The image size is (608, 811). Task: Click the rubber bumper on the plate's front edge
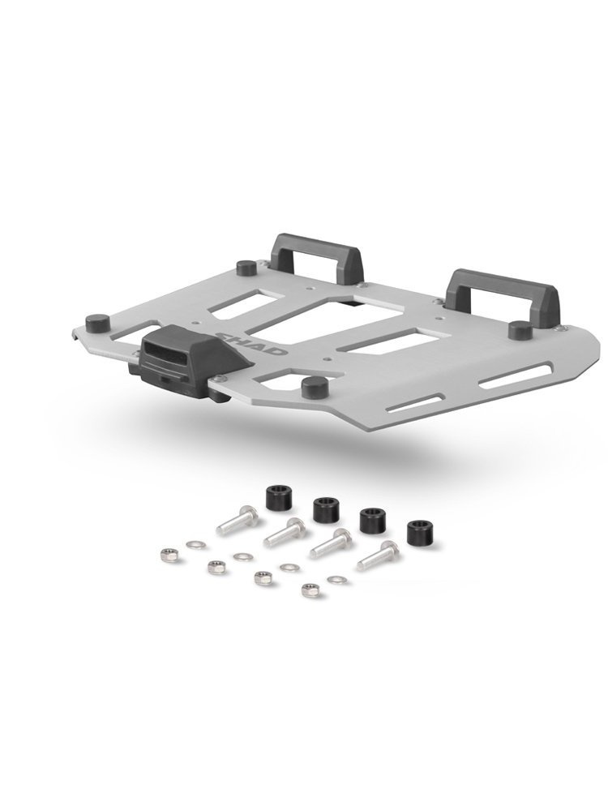(x=313, y=386)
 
